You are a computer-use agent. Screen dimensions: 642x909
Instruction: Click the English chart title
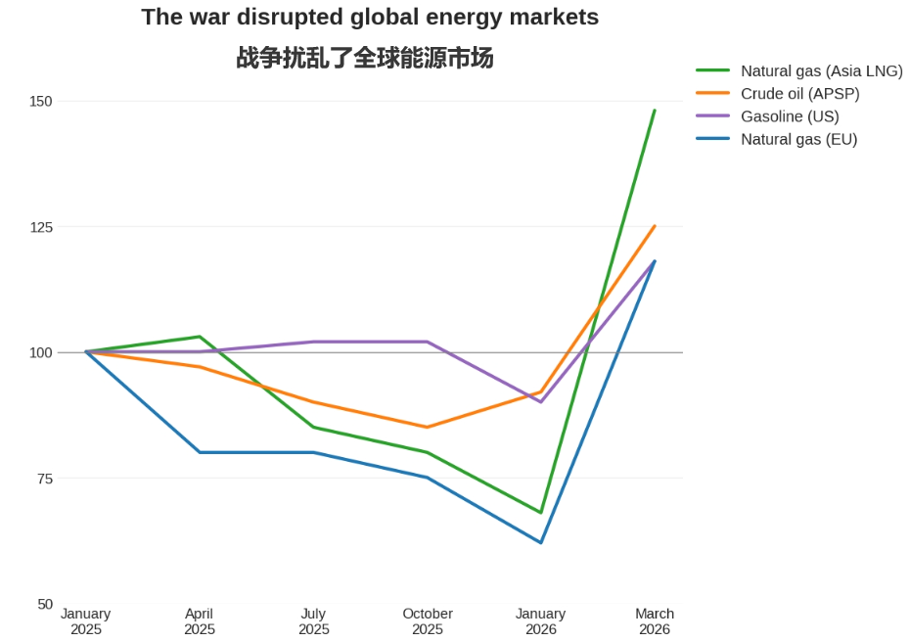370,18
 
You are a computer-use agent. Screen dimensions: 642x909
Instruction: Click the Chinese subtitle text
365,59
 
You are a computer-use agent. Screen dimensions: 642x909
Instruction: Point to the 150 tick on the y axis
40,101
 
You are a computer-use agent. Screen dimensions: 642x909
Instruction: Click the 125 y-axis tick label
40,227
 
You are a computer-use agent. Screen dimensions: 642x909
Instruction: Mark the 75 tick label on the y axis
44,479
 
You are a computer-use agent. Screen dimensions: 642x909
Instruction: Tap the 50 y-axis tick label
44,604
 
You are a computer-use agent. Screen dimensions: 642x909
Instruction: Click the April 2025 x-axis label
200,621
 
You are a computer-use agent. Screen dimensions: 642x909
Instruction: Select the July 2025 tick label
313,621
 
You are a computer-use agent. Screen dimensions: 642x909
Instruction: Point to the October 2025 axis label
428,621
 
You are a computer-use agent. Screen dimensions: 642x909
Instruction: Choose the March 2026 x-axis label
655,621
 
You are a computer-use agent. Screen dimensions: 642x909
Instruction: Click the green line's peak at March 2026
655,111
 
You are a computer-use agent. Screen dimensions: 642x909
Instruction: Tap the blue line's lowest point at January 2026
541,542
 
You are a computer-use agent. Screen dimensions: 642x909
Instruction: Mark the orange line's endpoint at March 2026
655,226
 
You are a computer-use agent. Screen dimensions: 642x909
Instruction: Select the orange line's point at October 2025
428,427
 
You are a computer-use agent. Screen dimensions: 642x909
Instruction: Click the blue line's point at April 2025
200,452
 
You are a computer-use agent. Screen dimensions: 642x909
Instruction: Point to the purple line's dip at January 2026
541,402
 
